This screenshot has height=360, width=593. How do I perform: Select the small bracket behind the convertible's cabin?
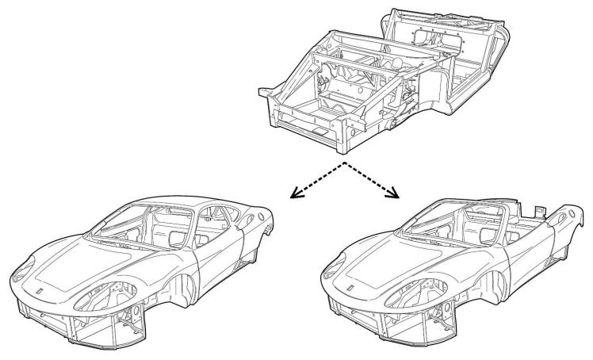tap(537, 210)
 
